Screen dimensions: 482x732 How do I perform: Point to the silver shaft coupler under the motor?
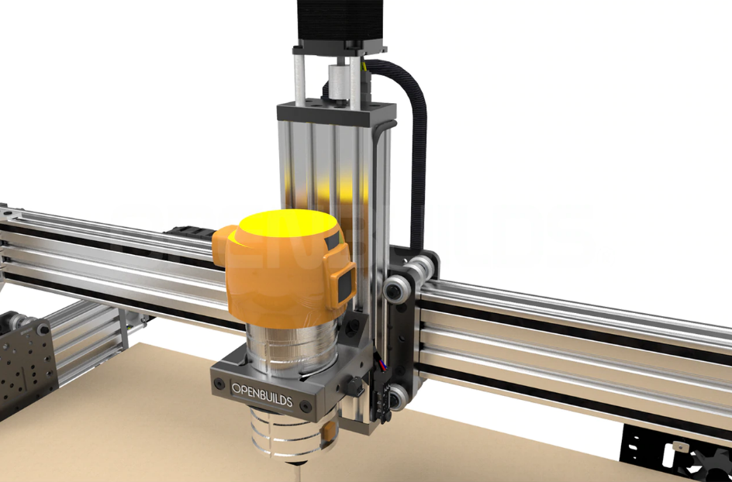(340, 81)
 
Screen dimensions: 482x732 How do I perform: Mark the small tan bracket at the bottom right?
(677, 446)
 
